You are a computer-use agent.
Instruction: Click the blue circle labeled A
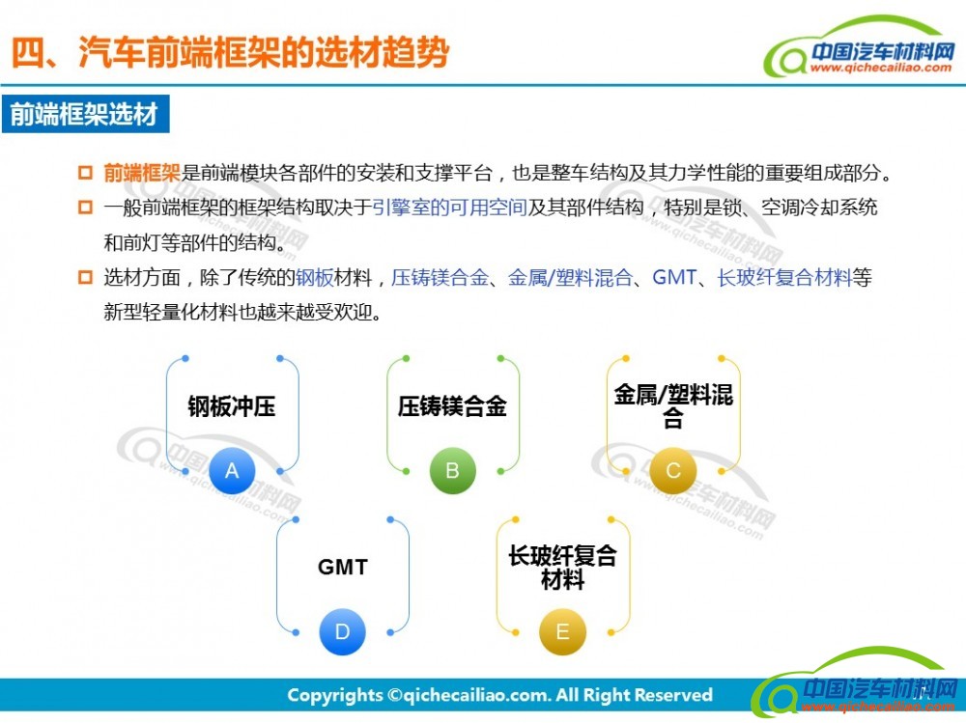[232, 471]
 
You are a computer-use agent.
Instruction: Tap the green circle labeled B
[452, 471]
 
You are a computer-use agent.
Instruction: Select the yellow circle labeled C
[672, 471]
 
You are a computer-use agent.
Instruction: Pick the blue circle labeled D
[342, 632]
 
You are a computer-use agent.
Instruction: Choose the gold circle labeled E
[562, 632]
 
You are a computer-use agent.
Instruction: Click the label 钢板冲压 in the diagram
[232, 406]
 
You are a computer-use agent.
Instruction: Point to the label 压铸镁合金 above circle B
[452, 406]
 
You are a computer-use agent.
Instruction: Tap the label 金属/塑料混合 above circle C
[673, 406]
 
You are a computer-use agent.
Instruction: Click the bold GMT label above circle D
[343, 568]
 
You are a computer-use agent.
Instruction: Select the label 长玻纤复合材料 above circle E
[562, 568]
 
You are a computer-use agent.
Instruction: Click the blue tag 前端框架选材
[86, 114]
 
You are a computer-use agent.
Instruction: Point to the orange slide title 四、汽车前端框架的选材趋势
[231, 52]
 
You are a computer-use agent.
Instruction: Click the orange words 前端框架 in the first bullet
[142, 173]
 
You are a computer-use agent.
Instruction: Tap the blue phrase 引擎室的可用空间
[449, 208]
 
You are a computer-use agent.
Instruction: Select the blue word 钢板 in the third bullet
[314, 278]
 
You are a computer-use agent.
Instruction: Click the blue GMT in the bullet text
[674, 278]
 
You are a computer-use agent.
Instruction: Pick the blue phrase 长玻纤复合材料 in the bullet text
[784, 278]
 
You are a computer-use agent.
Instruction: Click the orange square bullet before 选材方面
[85, 277]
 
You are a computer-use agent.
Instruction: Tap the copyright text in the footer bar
[499, 695]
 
